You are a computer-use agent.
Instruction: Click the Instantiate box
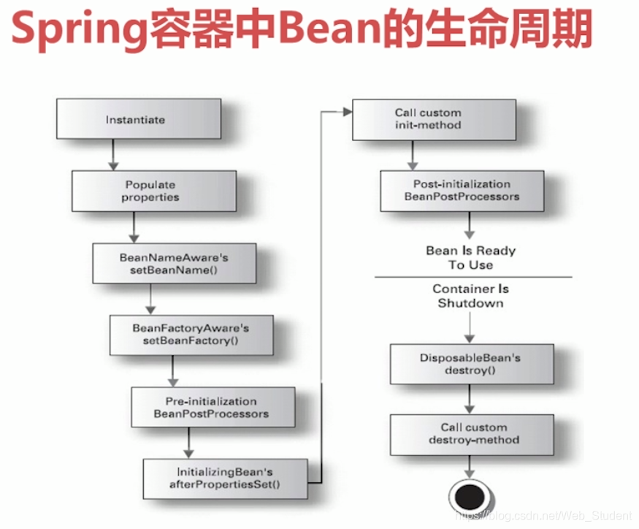tap(138, 119)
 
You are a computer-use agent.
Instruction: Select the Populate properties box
tap(153, 191)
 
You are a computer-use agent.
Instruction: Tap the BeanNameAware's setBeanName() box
tap(174, 263)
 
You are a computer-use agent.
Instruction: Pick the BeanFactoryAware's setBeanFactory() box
tap(191, 335)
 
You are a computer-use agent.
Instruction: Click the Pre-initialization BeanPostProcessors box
tap(213, 407)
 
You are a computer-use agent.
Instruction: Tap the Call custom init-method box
tap(434, 119)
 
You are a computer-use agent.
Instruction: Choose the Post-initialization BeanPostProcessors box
tap(462, 190)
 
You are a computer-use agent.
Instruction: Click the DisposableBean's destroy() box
tap(471, 363)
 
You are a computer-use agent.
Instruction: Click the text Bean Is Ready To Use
tap(470, 257)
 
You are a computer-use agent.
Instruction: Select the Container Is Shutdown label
tap(470, 296)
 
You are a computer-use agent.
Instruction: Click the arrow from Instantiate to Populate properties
tap(113, 154)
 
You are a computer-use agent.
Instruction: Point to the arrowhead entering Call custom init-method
tap(346, 112)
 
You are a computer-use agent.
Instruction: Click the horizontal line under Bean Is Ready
tap(473, 277)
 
